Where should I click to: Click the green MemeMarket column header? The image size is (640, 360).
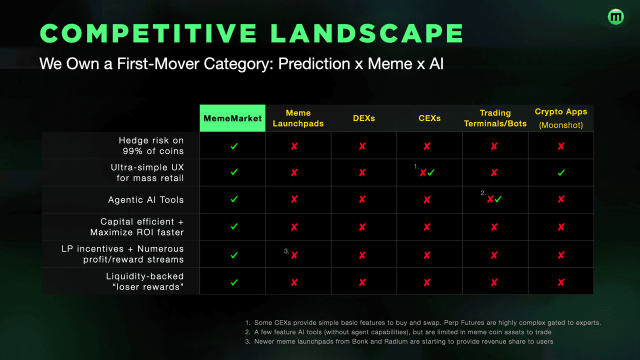(x=232, y=118)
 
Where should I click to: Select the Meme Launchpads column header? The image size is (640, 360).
(x=298, y=118)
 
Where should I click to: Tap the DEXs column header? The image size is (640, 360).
(x=363, y=118)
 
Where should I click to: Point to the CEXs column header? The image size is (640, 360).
(x=429, y=118)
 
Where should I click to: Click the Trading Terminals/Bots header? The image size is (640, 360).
(x=495, y=118)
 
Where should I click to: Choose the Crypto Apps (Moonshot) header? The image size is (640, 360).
(x=561, y=118)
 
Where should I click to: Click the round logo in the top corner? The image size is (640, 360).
(x=615, y=17)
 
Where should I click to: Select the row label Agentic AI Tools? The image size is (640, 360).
(x=146, y=199)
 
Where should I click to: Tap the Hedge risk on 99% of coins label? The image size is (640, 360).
(x=151, y=145)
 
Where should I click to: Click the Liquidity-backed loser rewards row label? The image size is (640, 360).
(x=145, y=281)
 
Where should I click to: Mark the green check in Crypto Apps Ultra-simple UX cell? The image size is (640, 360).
(x=561, y=172)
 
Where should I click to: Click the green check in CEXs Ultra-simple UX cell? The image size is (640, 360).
(x=431, y=172)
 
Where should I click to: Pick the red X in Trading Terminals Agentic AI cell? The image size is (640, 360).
(x=490, y=199)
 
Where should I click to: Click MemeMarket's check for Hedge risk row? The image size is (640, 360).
(x=234, y=146)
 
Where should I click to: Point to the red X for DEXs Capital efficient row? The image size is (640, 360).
(x=362, y=227)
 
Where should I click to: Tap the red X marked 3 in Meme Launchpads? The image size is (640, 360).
(x=294, y=255)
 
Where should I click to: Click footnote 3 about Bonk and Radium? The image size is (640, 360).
(x=399, y=341)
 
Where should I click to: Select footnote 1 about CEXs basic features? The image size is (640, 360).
(x=423, y=322)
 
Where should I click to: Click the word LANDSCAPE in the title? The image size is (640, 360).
(x=367, y=33)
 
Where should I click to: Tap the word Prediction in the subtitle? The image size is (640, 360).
(x=314, y=63)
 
